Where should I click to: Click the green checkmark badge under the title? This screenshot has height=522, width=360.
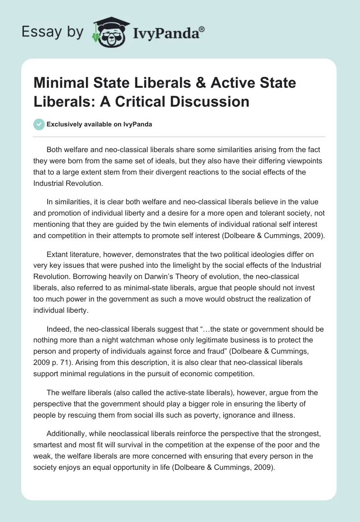39,124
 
